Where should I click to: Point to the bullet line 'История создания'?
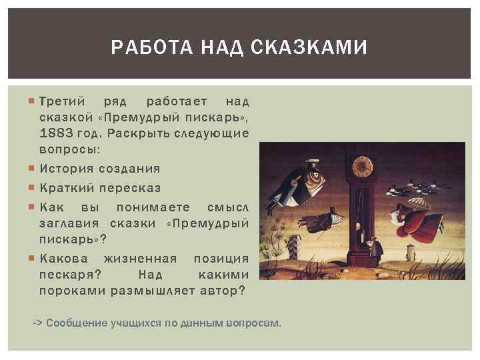(100, 169)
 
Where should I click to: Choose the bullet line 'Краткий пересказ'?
(100, 188)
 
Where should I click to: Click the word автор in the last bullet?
(222, 291)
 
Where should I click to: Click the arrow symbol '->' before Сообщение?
(38, 323)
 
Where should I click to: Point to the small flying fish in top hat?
(331, 215)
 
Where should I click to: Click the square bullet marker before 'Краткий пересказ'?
(33, 188)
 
